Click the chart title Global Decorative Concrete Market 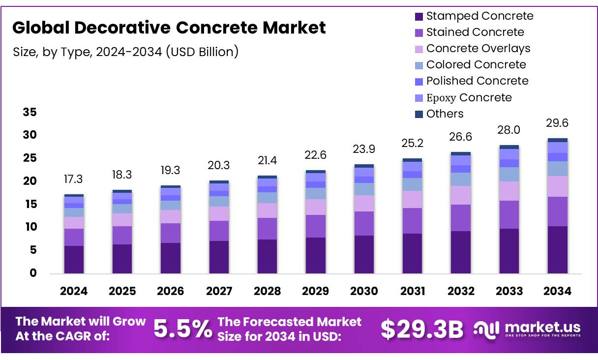169,28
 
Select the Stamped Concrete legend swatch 419,16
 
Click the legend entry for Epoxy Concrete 469,97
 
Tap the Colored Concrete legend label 476,64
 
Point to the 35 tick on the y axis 30,113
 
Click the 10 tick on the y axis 30,227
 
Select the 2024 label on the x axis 74,291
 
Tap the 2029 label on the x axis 315,291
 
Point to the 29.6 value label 557,123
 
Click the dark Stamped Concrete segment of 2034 558,249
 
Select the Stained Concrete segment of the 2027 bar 219,231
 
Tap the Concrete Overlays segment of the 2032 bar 461,195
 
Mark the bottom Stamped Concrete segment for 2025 122,259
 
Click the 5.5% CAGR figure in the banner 183,330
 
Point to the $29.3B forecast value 422,330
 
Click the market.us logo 527,329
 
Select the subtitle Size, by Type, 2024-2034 126,52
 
